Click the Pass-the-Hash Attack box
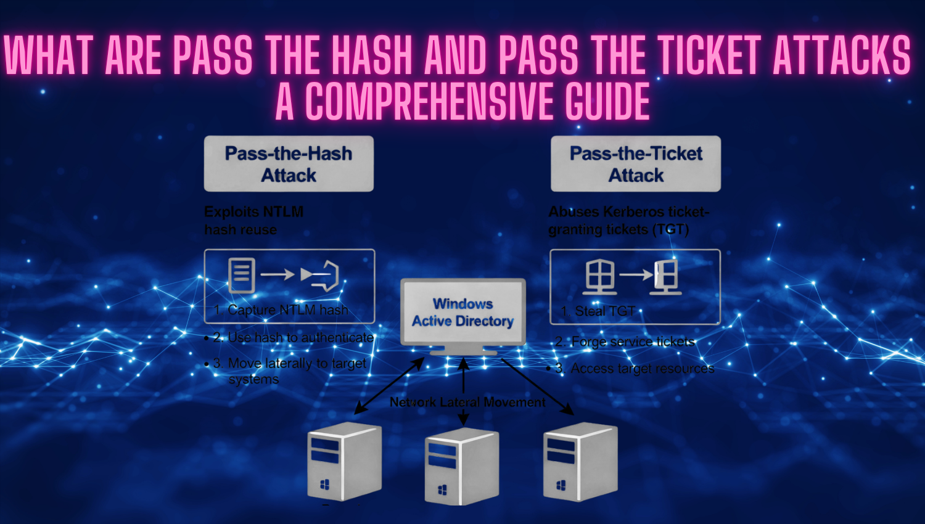coord(289,164)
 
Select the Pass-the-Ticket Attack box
coord(636,164)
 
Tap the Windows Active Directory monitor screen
coord(463,312)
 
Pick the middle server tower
coord(462,467)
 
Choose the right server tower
coord(580,462)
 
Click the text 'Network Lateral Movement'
coord(467,403)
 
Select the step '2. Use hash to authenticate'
coord(293,338)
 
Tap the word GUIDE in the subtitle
coord(607,102)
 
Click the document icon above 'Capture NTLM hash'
coord(241,275)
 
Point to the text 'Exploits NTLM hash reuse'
coord(253,220)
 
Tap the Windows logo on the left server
coord(325,485)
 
